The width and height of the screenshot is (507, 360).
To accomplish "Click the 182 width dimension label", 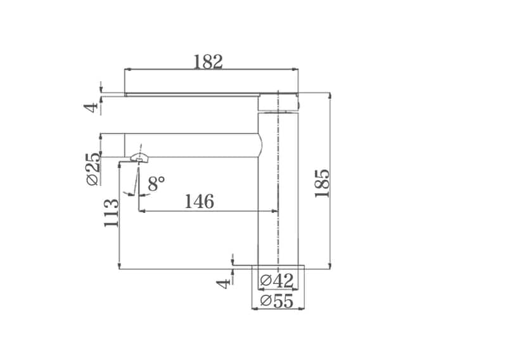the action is pos(208,61).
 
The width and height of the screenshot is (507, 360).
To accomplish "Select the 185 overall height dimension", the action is pos(322,183).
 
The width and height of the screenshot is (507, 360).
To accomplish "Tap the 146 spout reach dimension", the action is pos(199,201).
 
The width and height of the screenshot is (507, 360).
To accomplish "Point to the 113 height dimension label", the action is pos(112,213).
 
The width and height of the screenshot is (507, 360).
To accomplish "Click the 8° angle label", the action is pos(157,184).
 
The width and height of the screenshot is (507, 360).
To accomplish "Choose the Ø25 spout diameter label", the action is pos(93,168).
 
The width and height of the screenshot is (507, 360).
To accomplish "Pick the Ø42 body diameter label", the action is pos(277,280).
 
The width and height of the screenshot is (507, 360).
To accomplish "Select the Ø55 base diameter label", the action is pos(277,301).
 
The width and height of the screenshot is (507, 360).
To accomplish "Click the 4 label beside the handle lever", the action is pos(91,107).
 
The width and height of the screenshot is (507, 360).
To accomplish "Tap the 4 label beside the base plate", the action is pos(224,284).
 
